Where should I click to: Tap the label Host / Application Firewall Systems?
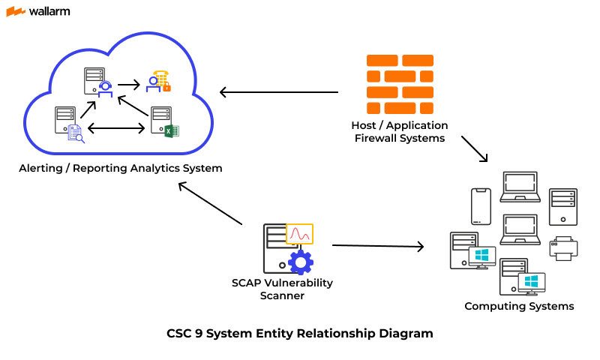(399, 132)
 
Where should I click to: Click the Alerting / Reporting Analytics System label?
(121, 168)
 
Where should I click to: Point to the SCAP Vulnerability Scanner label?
(282, 289)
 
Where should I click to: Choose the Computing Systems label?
(519, 306)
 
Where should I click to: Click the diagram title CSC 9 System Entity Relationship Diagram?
(300, 333)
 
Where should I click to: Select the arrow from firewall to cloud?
(278, 92)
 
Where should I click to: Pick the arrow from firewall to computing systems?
(474, 148)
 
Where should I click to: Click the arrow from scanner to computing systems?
(378, 245)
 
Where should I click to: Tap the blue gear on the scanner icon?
(301, 262)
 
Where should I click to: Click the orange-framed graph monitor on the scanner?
(300, 234)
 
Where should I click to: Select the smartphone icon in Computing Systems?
(480, 205)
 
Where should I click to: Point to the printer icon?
(564, 248)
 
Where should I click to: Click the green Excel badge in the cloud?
(171, 131)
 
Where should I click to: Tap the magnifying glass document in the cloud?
(75, 133)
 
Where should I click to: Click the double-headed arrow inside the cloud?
(116, 128)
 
